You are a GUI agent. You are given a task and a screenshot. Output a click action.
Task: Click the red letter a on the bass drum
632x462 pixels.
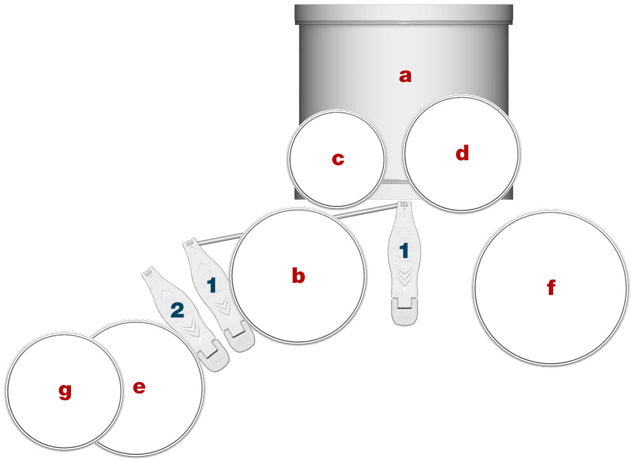(x=405, y=76)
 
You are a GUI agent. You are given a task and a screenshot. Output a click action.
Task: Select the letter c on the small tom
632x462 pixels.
(x=338, y=159)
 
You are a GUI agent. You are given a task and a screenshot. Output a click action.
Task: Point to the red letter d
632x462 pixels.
(x=462, y=153)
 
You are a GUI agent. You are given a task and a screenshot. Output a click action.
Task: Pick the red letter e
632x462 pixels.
(x=139, y=387)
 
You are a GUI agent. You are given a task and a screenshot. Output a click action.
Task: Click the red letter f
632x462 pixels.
(x=551, y=287)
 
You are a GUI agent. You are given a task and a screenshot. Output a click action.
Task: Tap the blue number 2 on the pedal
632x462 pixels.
(x=177, y=310)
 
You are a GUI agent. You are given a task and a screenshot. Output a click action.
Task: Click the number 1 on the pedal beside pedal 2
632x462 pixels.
(x=212, y=285)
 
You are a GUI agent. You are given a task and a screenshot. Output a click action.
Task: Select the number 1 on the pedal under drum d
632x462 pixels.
(x=404, y=251)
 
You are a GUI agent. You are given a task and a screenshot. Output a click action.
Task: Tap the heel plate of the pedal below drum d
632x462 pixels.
(x=405, y=311)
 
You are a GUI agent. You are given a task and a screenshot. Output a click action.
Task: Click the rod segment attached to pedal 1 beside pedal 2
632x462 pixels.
(x=219, y=239)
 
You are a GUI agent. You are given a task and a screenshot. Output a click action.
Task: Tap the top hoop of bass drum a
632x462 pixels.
(x=404, y=15)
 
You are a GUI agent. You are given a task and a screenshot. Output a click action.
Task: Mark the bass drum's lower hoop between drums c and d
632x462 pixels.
(x=395, y=182)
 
